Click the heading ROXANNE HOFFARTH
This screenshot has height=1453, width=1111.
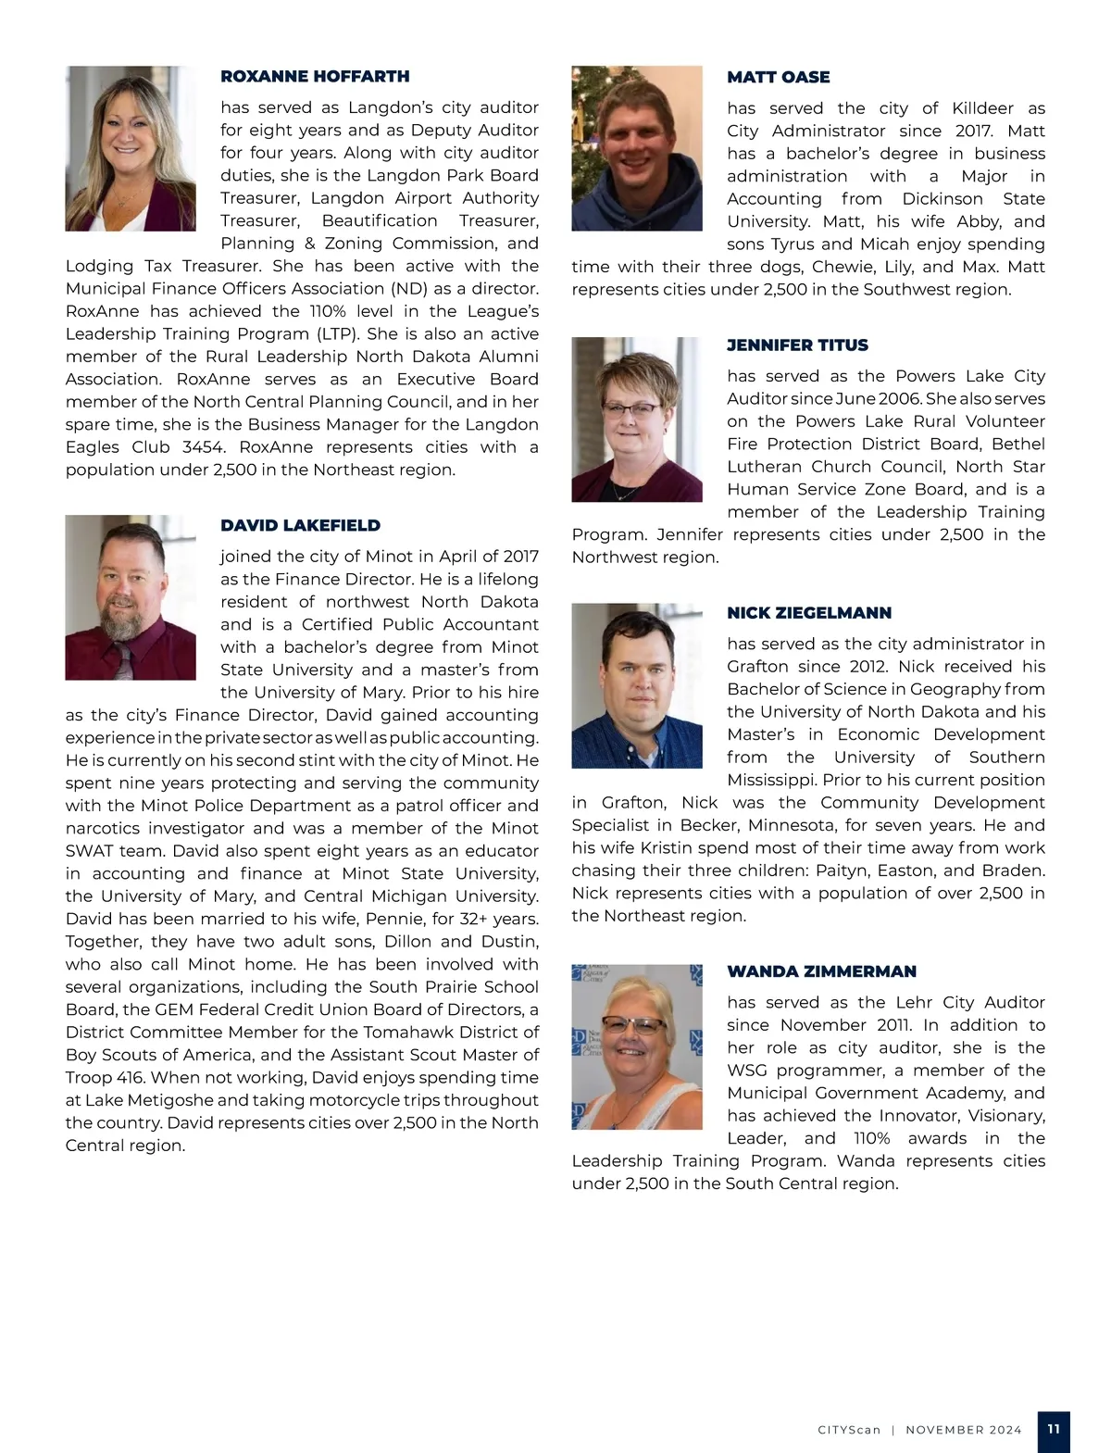click(315, 77)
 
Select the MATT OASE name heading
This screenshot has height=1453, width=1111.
click(778, 78)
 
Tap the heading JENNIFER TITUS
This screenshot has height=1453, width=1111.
click(797, 345)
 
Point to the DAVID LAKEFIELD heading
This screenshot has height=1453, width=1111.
click(300, 526)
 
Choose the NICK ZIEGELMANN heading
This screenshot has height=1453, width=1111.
click(809, 613)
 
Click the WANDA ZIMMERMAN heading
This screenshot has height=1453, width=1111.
click(821, 971)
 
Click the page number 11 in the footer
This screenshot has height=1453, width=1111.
click(1054, 1429)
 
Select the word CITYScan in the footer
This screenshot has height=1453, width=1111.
click(849, 1430)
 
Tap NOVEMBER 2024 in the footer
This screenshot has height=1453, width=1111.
click(964, 1430)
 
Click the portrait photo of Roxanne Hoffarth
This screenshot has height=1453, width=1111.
click(131, 149)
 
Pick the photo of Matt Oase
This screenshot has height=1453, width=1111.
click(637, 149)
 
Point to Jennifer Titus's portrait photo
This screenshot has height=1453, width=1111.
click(637, 420)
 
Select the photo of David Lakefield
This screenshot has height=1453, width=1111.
click(131, 597)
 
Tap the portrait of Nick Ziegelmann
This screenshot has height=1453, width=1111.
click(637, 686)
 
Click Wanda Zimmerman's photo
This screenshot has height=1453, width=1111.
click(637, 1046)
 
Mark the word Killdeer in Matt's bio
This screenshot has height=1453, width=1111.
click(978, 108)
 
